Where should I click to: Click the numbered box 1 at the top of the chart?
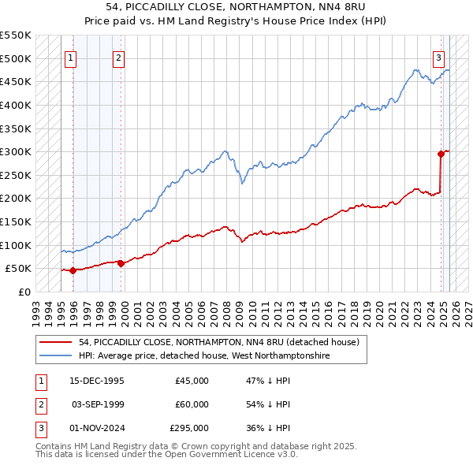click(70, 57)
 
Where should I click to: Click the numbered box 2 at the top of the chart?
click(117, 57)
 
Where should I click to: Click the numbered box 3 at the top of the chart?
click(438, 57)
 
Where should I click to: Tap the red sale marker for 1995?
click(73, 270)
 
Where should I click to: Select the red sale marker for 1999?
click(121, 263)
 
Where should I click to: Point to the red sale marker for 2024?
click(441, 154)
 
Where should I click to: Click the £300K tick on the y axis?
click(16, 151)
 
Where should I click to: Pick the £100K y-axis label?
click(16, 245)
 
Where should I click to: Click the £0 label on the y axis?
click(24, 292)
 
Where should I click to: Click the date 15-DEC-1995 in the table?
click(97, 381)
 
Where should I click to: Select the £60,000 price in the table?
click(192, 404)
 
